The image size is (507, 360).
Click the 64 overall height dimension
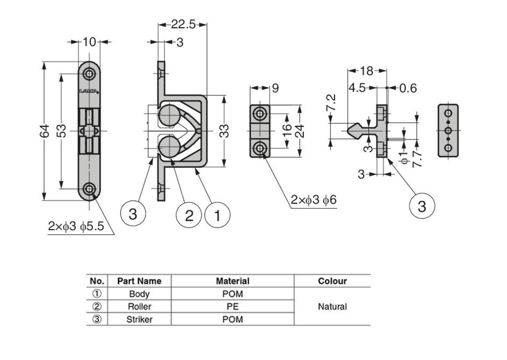[x=44, y=131]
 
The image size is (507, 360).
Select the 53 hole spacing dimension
[x=62, y=131]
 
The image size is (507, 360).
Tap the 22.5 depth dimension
[x=183, y=25]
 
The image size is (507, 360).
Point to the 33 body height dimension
[x=225, y=131]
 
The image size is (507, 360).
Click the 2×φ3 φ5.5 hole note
[x=76, y=227]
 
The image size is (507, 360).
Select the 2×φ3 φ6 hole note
[x=313, y=200]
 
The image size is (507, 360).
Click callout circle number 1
[x=217, y=216]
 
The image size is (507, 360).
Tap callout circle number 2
[x=189, y=216]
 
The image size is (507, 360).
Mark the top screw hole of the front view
[x=90, y=73]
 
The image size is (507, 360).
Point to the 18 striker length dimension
[x=366, y=70]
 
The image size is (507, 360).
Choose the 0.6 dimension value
[x=408, y=88]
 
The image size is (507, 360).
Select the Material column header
[x=233, y=281]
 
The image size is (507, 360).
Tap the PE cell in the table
[x=233, y=306]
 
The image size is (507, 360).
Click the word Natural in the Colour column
[x=332, y=306]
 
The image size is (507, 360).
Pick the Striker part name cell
[x=139, y=319]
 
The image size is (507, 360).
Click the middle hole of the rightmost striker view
[x=448, y=131]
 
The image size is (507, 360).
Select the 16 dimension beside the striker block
[x=286, y=130]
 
